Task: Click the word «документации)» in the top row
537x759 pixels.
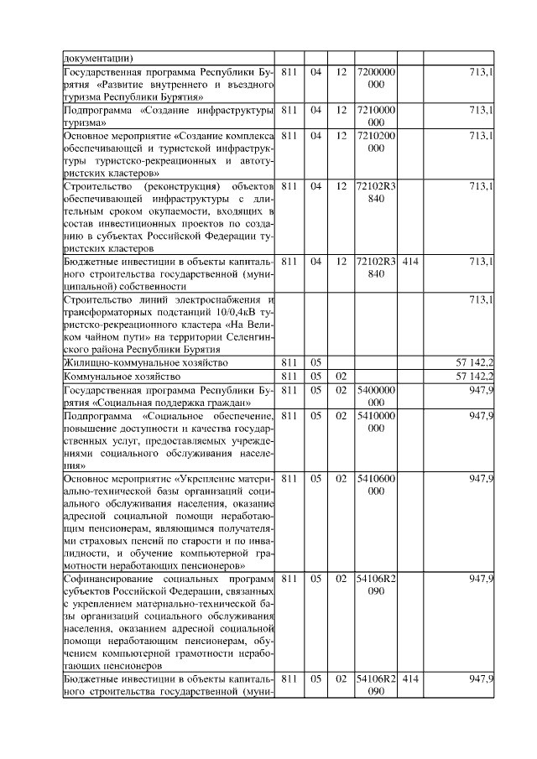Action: pos(98,59)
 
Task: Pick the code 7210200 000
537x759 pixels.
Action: pos(376,142)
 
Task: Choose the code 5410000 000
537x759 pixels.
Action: pos(376,422)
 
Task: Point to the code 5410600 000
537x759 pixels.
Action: pos(376,485)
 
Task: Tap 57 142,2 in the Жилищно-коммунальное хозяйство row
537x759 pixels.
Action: pos(473,363)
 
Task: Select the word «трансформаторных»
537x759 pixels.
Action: pos(107,312)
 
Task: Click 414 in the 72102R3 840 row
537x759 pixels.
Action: pos(410,262)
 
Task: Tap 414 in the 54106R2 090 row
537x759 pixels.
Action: pos(410,678)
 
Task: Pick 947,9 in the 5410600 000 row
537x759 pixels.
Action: pos(481,478)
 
